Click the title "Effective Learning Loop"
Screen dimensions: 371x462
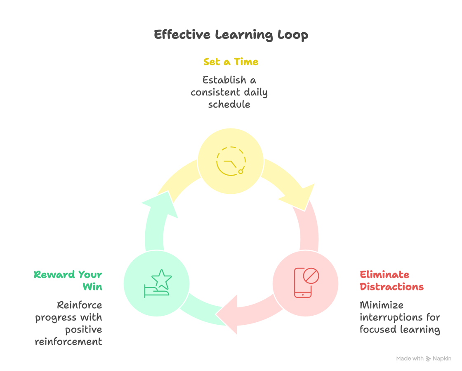pyautogui.click(x=231, y=35)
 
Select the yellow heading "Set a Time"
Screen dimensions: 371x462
pyautogui.click(x=231, y=62)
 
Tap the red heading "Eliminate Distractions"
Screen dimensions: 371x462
pyautogui.click(x=391, y=281)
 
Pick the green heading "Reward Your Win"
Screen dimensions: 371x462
pyautogui.click(x=68, y=281)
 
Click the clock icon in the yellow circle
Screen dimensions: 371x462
pyautogui.click(x=231, y=161)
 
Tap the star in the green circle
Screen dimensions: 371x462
pyautogui.click(x=161, y=279)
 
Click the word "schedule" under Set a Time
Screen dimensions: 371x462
pyautogui.click(x=229, y=104)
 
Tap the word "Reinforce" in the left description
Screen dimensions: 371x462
pyautogui.click(x=79, y=305)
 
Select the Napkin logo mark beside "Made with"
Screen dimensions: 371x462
pyautogui.click(x=428, y=359)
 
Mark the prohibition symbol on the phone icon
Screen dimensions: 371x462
pyautogui.click(x=311, y=276)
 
